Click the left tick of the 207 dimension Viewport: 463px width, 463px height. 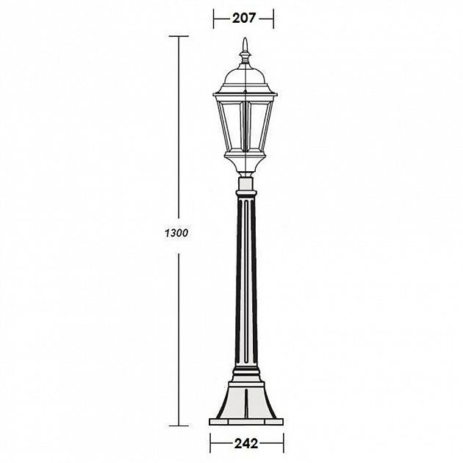tap(213, 15)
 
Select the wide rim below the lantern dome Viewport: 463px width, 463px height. tap(243, 93)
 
